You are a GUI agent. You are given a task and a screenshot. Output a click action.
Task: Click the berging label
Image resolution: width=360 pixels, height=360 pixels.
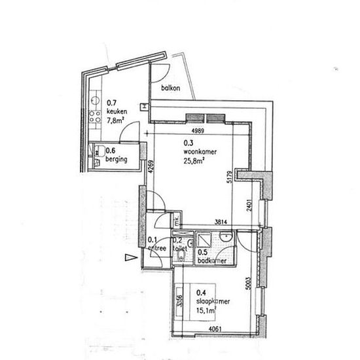click(x=116, y=158)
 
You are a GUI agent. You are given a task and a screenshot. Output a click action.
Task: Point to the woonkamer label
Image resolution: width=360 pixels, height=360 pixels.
click(x=200, y=151)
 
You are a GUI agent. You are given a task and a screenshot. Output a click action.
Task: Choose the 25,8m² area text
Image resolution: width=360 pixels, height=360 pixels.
click(x=195, y=160)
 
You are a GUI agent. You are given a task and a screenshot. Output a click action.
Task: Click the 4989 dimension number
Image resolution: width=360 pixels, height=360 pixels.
click(x=200, y=130)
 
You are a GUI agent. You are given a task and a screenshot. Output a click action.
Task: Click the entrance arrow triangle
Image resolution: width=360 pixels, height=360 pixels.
click(x=130, y=257)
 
